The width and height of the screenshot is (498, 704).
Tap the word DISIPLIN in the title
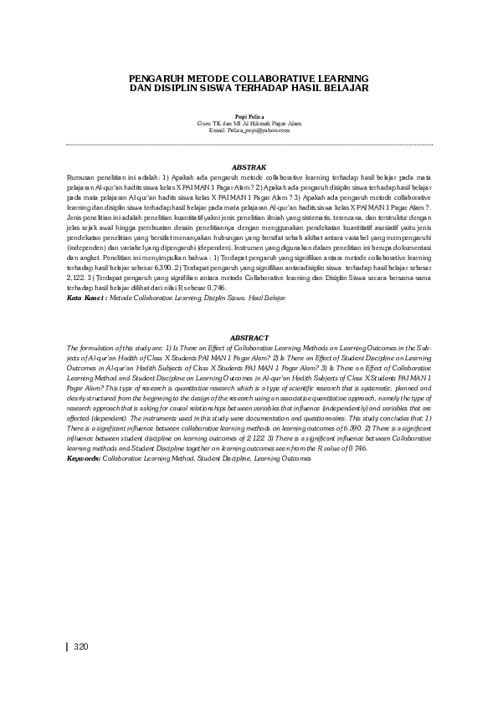point(167,87)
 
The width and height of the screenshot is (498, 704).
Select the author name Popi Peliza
point(249,117)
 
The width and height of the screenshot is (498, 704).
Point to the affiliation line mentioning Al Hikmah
point(249,124)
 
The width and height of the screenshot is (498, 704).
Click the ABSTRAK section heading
point(249,167)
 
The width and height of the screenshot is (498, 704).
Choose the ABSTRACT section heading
point(249,338)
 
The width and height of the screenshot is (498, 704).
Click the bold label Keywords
point(84,459)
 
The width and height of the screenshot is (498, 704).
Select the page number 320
point(81,646)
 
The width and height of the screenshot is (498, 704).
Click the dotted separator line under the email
point(249,145)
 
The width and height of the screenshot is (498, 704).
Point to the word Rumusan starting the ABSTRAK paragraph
point(82,177)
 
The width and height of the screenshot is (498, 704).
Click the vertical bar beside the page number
point(67,646)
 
